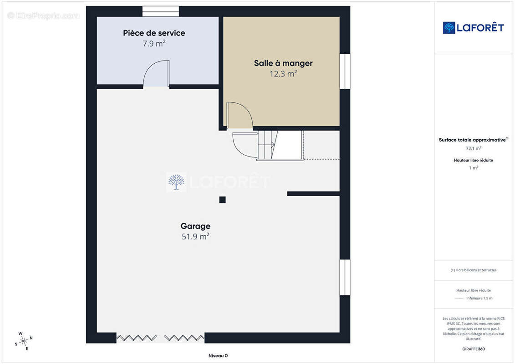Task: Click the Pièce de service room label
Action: point(154,33)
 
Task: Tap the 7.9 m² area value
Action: point(154,43)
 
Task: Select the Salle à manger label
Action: point(283,63)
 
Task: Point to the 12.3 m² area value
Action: point(283,74)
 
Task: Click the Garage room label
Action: point(195,226)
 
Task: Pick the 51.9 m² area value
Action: point(195,236)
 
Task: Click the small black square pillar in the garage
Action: point(222,200)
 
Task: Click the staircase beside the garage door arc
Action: point(280,146)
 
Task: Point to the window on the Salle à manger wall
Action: point(345,71)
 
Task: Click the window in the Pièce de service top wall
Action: point(161,11)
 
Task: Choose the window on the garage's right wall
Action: point(345,278)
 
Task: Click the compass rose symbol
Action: point(24,341)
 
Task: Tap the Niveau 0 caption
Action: point(218,355)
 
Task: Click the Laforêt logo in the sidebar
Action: point(473,28)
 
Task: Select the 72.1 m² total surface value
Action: point(473,148)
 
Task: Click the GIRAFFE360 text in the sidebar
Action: point(473,349)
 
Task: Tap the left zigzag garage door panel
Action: point(137,338)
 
